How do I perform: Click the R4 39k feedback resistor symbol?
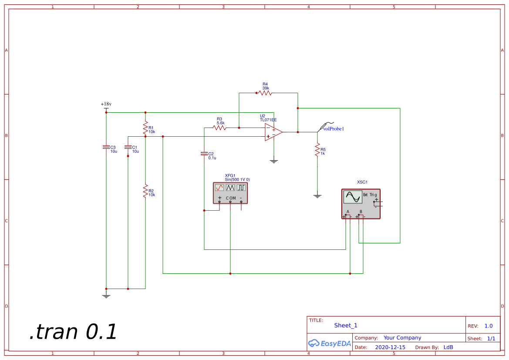[265, 93]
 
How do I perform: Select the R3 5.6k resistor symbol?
[220, 128]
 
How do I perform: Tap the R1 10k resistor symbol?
[145, 128]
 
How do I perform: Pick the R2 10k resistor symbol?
[145, 191]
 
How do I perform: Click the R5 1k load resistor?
[317, 151]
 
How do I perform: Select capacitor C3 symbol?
[106, 147]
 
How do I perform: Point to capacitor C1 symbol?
[128, 147]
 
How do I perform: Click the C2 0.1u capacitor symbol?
[204, 154]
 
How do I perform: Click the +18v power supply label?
[106, 104]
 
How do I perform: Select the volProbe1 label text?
[334, 129]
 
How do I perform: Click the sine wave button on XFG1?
[219, 187]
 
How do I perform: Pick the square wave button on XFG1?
[241, 187]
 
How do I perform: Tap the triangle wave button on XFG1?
[230, 187]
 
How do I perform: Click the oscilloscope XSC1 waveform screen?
[352, 197]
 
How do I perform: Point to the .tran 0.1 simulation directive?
[73, 332]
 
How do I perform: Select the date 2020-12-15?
[390, 347]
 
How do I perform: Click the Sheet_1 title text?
[346, 325]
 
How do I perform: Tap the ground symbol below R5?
[317, 196]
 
